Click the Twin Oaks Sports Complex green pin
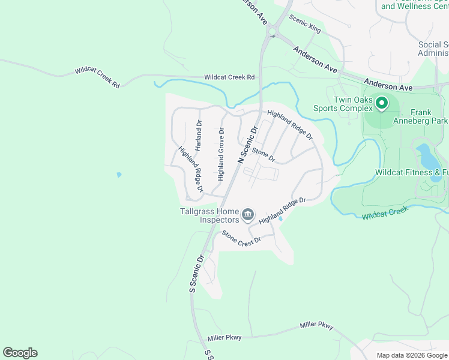point(381,104)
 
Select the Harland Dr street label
point(199,136)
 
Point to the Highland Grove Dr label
point(221,154)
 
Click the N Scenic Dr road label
point(247,145)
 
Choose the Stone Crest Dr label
point(242,237)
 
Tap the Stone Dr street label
point(264,155)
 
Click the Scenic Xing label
point(305,24)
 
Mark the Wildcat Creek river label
point(385,212)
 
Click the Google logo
point(20,353)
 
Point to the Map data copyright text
point(412,355)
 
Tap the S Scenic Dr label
point(197,274)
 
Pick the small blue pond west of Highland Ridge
point(119,175)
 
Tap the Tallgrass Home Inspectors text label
point(209,215)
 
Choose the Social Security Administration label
point(433,49)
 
